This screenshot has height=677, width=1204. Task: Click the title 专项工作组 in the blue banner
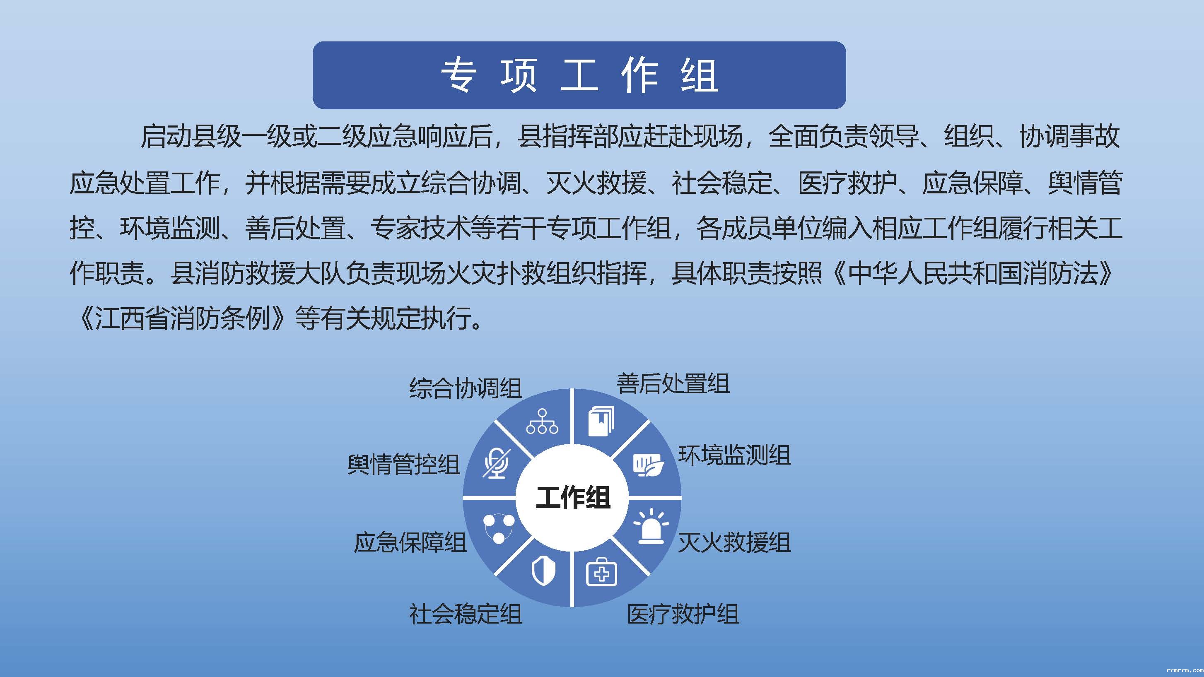579,75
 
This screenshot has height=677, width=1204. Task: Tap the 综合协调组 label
466,388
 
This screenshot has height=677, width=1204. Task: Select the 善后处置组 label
673,383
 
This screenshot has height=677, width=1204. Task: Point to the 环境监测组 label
735,455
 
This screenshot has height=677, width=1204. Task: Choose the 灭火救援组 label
735,542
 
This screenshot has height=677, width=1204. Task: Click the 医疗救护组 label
683,614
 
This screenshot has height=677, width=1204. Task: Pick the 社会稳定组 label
466,614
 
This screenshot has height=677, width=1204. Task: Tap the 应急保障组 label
410,542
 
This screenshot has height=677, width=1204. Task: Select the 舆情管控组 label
404,465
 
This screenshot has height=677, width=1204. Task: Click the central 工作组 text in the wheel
572,497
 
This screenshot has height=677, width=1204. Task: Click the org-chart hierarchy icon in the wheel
542,422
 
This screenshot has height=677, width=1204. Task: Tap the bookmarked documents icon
601,421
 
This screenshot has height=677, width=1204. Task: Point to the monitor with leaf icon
649,465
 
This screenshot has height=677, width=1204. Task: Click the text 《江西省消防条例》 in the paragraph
182,319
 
